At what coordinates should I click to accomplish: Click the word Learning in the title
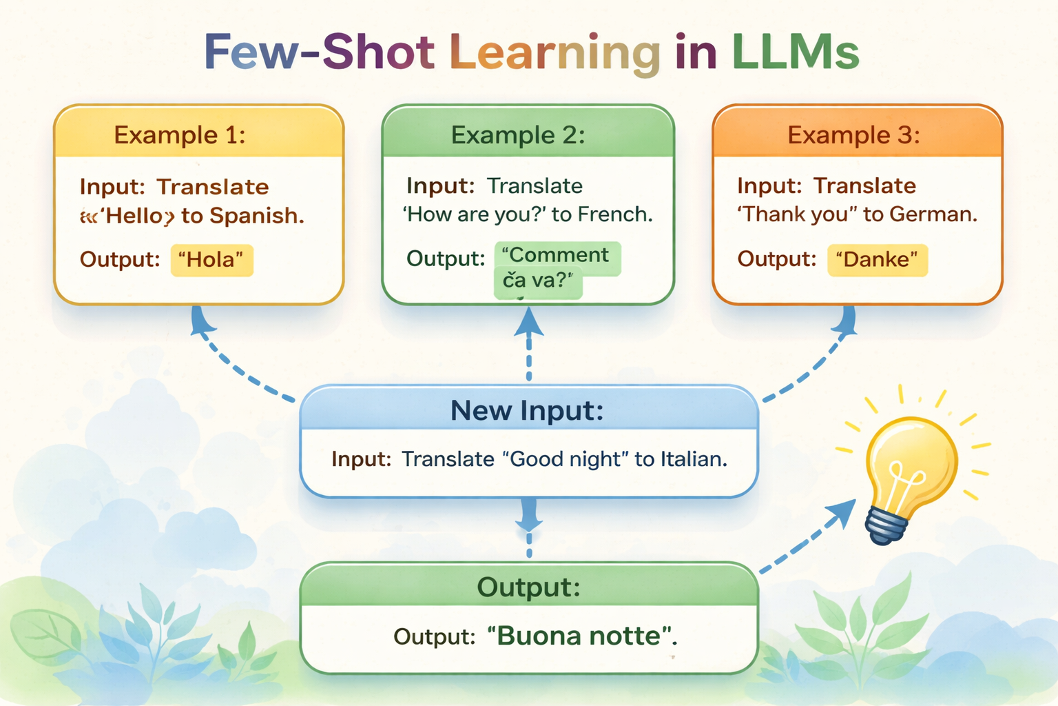click(554, 54)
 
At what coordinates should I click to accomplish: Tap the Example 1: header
click(180, 134)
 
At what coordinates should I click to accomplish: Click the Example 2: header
click(518, 134)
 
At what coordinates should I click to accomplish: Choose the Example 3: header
click(853, 134)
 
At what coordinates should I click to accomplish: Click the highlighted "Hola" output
click(211, 260)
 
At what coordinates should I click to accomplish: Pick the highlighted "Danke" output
click(877, 260)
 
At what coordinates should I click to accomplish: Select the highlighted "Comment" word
click(557, 256)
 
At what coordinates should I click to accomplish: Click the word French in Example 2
click(614, 214)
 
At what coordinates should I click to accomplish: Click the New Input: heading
click(527, 410)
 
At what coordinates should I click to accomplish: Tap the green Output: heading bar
click(528, 587)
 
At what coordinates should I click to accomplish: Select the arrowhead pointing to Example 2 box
click(528, 323)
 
